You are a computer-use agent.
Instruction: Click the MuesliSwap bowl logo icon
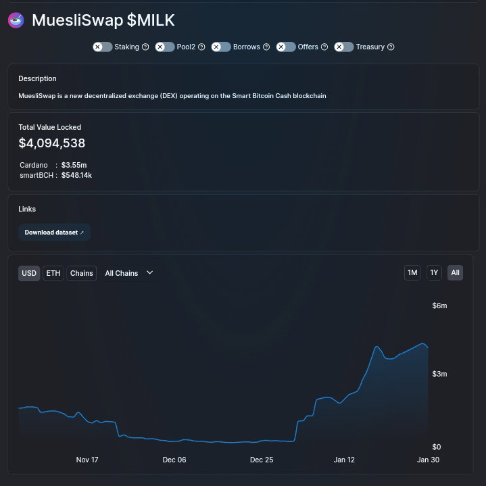[x=16, y=20]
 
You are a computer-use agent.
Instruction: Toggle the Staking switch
[x=102, y=47]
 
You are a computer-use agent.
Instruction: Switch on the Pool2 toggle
[x=164, y=47]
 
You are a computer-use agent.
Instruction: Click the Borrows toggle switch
[x=221, y=47]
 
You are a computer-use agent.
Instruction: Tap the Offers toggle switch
[x=286, y=47]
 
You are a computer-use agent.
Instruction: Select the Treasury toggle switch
[x=344, y=47]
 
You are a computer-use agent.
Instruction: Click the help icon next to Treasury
[x=391, y=47]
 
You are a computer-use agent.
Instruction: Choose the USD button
[x=29, y=273]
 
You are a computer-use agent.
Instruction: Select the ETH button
[x=53, y=273]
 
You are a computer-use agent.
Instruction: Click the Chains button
[x=82, y=273]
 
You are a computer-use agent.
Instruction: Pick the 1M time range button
[x=412, y=272]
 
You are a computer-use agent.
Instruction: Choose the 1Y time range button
[x=434, y=272]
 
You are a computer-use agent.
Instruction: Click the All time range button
[x=455, y=272]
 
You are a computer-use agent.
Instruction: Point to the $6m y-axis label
[x=439, y=306]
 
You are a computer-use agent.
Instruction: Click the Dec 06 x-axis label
[x=174, y=460]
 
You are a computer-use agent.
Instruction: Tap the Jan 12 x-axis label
[x=344, y=460]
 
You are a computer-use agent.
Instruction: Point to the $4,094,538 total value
[x=52, y=143]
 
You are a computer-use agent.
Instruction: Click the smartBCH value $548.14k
[x=76, y=175]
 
